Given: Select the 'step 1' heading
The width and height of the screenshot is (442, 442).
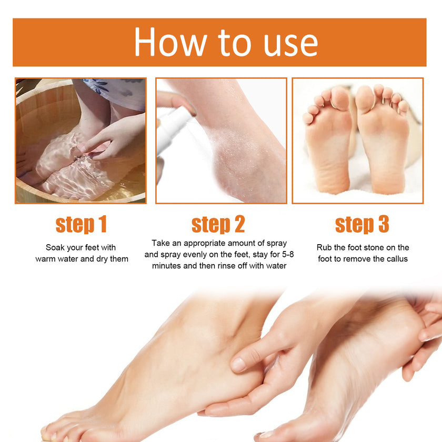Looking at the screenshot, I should (81, 225).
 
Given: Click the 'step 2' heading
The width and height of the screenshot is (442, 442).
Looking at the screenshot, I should (218, 225).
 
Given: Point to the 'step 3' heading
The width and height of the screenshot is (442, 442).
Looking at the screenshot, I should (362, 225).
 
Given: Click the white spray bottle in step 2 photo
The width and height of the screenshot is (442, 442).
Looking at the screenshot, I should (171, 126).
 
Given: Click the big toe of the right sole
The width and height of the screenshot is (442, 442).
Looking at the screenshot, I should (365, 98).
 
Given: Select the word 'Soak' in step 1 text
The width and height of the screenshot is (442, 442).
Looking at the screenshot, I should (56, 247).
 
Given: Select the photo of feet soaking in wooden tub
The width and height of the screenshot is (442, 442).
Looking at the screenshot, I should (81, 140).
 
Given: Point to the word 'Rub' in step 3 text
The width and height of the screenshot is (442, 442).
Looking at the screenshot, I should (324, 247).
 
